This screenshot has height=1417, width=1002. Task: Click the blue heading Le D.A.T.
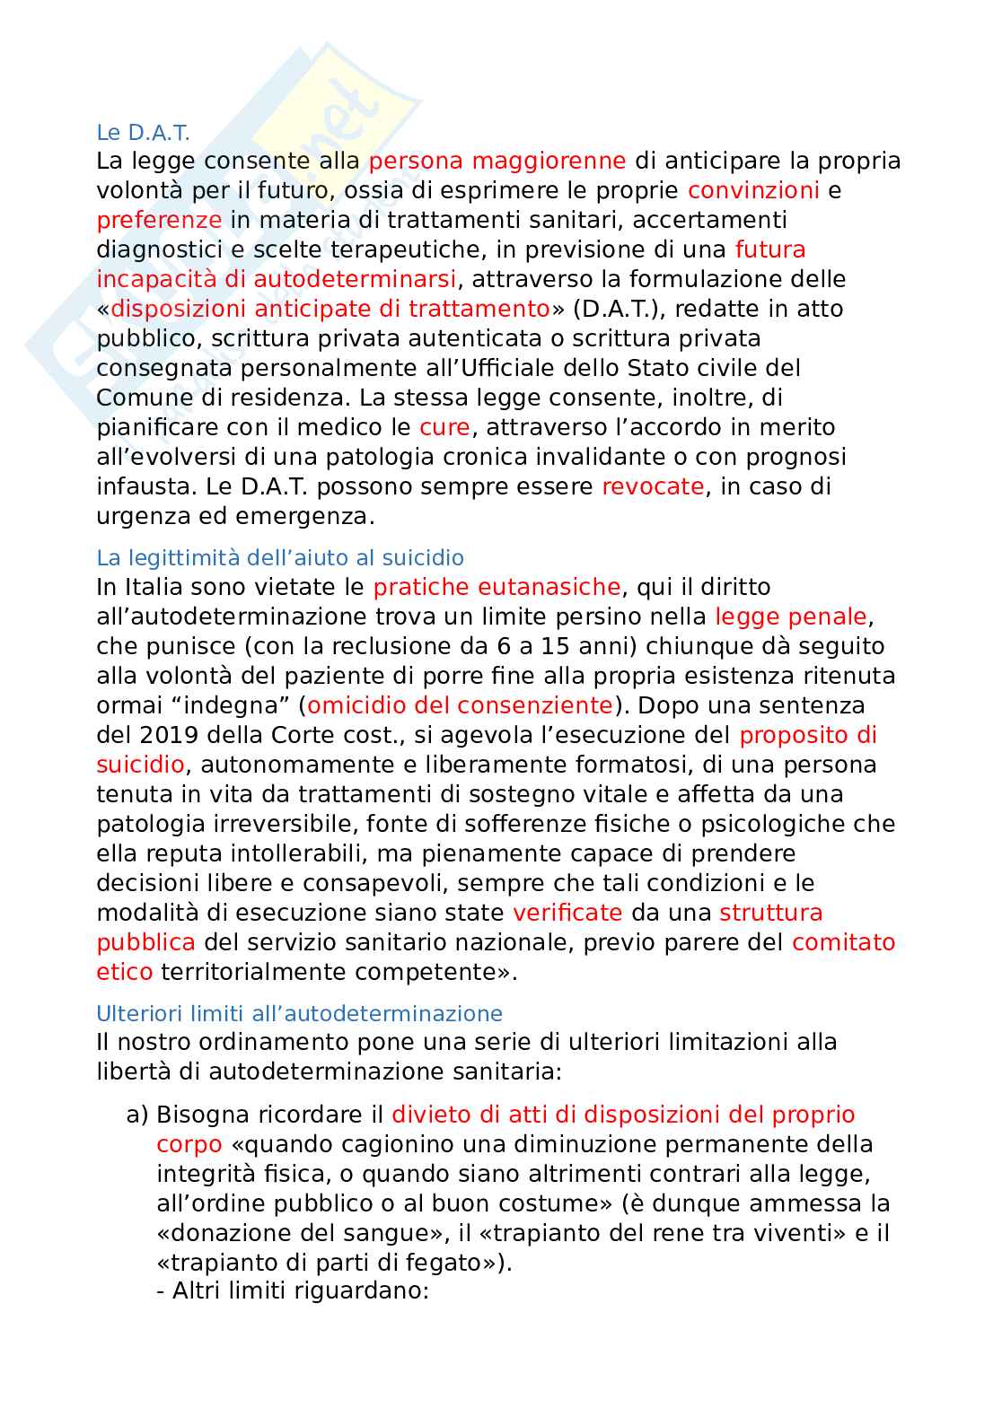pyautogui.click(x=143, y=133)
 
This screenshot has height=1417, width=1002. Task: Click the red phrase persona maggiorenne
pyautogui.click(x=497, y=162)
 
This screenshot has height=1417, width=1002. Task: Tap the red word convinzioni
pyautogui.click(x=753, y=190)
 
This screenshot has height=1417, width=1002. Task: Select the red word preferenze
pyautogui.click(x=159, y=220)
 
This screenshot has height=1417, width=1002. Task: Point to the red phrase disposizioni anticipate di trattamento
pyautogui.click(x=330, y=309)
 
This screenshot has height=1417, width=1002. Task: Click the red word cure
pyautogui.click(x=444, y=427)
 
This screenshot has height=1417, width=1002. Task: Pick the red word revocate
pyautogui.click(x=653, y=486)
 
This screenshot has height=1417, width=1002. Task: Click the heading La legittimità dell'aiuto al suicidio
pyautogui.click(x=279, y=558)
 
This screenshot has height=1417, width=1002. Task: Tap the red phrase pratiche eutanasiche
pyautogui.click(x=497, y=588)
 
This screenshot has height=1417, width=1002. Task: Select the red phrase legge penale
pyautogui.click(x=791, y=617)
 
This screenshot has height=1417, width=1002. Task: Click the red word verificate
pyautogui.click(x=567, y=914)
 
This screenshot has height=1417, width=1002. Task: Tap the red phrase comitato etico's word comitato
pyautogui.click(x=843, y=943)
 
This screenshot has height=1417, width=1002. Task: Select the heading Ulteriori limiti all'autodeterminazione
pyautogui.click(x=299, y=1014)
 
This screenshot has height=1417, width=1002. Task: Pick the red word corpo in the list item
pyautogui.click(x=189, y=1145)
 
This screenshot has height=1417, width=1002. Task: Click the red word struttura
pyautogui.click(x=770, y=914)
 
